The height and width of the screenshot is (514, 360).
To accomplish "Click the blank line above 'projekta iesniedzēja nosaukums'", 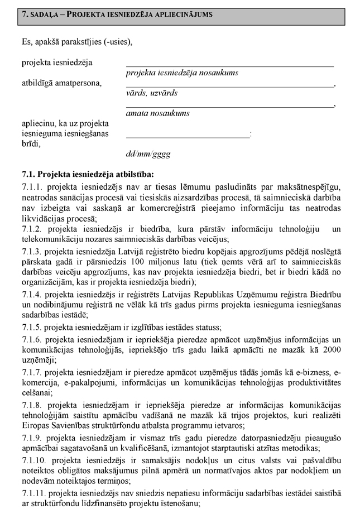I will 229,66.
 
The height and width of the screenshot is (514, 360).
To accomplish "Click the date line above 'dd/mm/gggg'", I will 188,137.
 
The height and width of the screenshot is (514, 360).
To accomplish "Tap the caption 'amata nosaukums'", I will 158,113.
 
